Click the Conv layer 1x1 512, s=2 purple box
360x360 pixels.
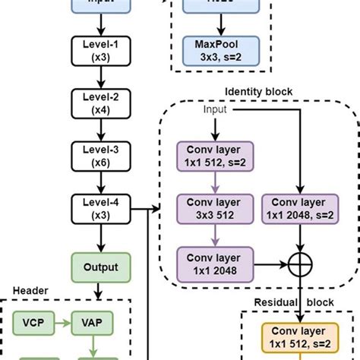[208, 159]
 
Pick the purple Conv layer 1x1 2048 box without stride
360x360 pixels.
[208, 265]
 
